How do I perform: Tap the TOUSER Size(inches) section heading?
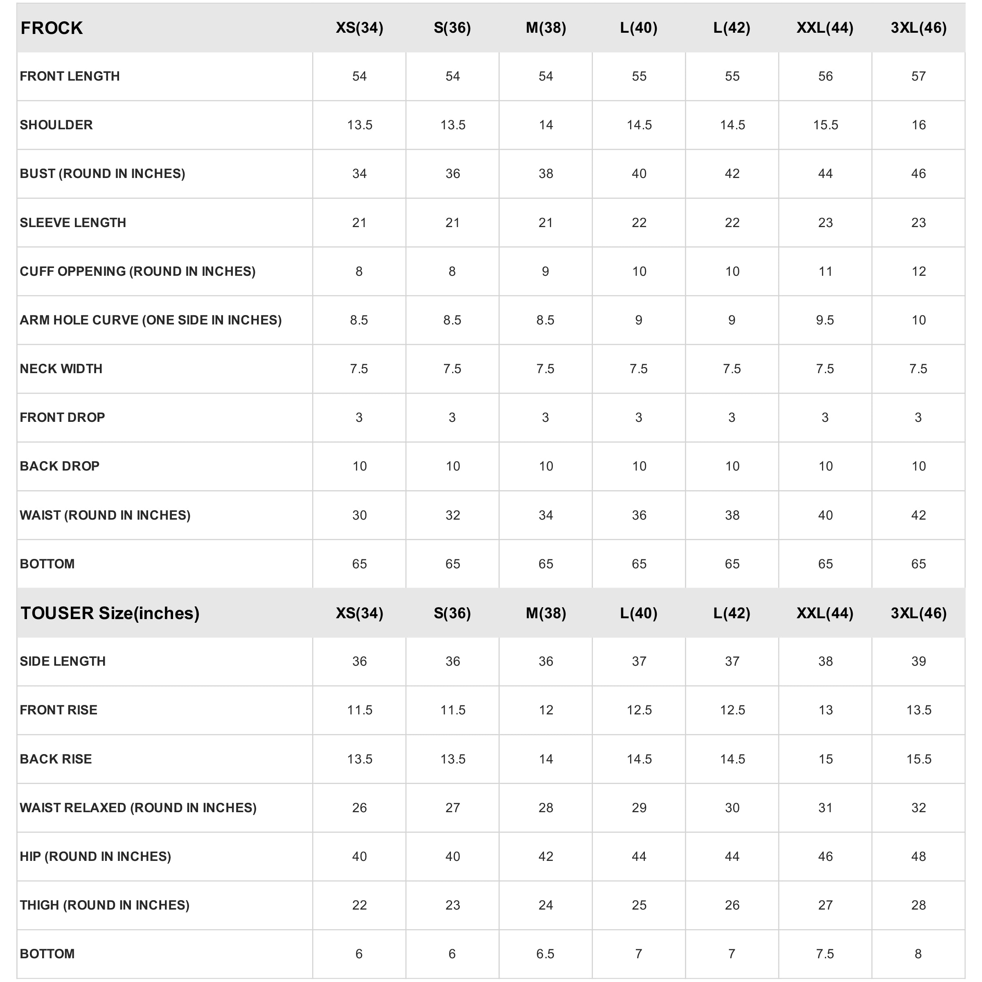110,613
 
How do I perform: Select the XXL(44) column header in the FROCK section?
824,28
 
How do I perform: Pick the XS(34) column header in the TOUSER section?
359,613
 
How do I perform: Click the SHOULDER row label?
56,125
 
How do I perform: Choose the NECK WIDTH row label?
61,369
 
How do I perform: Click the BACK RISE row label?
56,759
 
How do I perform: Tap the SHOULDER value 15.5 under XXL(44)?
825,125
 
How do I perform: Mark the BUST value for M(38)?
545,174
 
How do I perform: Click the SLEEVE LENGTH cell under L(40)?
639,223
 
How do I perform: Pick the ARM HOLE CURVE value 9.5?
824,320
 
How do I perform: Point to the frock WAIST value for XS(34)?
359,516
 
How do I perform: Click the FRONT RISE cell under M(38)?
545,710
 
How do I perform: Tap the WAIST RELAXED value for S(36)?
453,808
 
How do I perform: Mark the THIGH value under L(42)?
732,905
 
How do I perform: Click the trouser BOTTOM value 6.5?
545,954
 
